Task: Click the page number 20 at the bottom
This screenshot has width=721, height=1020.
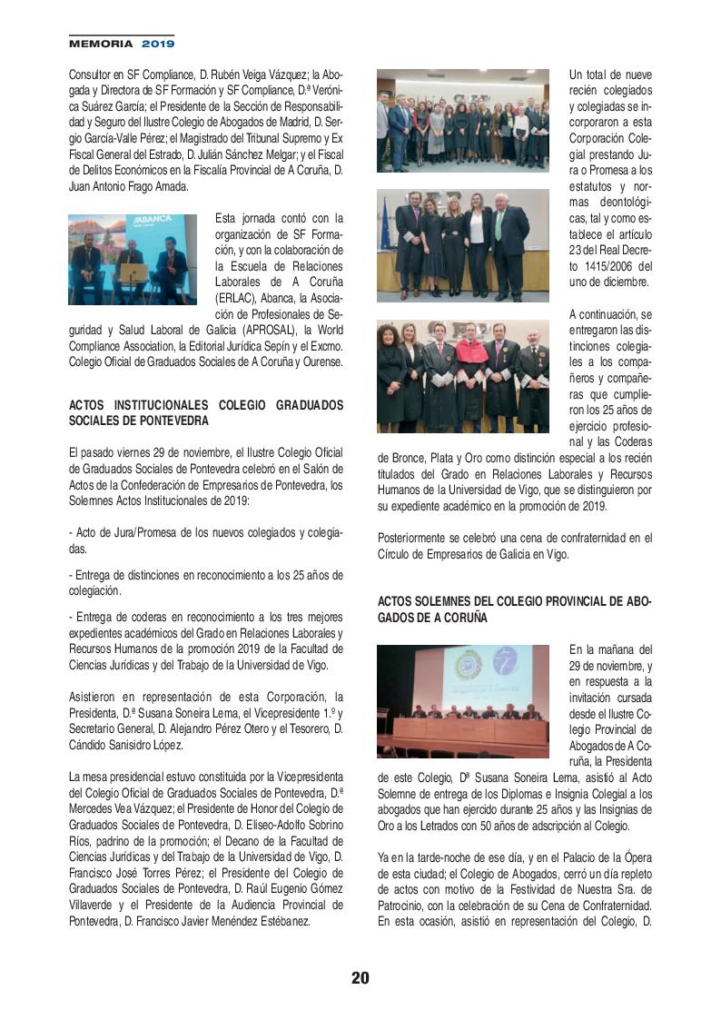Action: click(360, 978)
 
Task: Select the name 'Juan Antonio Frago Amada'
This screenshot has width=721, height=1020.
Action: click(128, 187)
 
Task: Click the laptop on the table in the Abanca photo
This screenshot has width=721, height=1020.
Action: click(133, 273)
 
